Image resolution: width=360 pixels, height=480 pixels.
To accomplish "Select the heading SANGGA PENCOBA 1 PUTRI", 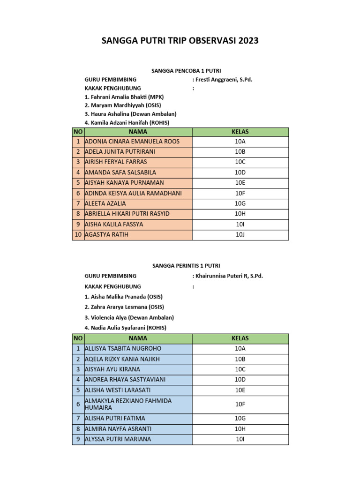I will pos(180,70).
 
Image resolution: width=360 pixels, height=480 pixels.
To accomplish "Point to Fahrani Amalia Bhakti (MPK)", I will pos(124,97).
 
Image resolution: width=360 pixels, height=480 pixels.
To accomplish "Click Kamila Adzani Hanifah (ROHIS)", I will pos(127,123).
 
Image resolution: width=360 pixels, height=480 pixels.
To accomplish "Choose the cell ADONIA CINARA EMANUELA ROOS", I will pos(132,141).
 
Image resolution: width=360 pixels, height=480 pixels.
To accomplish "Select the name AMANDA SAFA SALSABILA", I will pos(120,172).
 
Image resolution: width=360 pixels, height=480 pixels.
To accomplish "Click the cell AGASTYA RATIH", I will pos(106,234).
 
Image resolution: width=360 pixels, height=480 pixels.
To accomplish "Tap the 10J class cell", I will pos(240,234).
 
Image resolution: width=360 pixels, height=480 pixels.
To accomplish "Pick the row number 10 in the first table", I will pos(78,234).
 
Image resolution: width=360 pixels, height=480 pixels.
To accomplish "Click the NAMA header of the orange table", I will pos(138,132).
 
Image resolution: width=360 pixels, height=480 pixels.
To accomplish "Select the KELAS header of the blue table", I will pos(240,338).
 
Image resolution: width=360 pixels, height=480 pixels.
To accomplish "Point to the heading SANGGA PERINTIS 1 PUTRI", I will pos(180,266).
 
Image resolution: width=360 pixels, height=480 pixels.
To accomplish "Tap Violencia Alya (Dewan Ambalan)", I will pos(129,317).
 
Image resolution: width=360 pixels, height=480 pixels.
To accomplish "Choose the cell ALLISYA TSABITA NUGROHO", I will pos(123,349).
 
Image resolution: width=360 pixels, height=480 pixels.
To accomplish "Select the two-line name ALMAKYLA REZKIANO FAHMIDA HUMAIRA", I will pos(128,404).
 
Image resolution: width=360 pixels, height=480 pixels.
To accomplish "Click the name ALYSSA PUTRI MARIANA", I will pos(118,439).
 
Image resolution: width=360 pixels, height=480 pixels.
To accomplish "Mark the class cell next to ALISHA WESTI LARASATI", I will pos(240,390).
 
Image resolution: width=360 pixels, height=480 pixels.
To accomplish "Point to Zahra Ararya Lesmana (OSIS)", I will pos(124,307).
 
